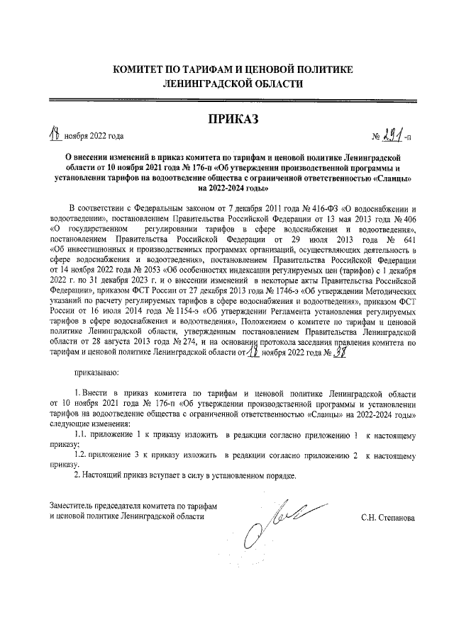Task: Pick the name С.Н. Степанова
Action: click(x=388, y=517)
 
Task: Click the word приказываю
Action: click(x=97, y=370)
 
